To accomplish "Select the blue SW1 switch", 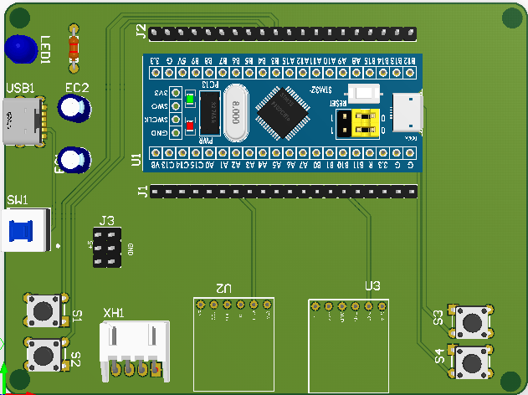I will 23,232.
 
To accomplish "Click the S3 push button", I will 470,321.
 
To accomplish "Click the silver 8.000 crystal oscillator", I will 238,113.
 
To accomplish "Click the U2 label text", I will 223,286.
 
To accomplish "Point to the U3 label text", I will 372,286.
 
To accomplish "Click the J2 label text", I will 141,33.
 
